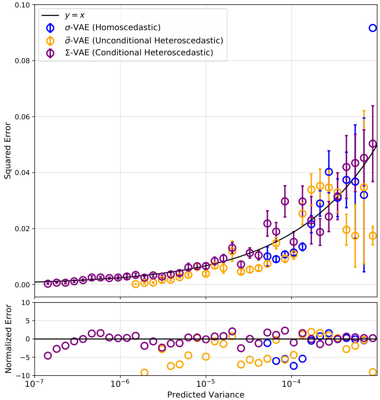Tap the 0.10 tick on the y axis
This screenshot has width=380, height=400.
click(23, 5)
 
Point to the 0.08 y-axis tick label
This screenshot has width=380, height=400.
click(23, 61)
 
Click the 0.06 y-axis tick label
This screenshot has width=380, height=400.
click(23, 117)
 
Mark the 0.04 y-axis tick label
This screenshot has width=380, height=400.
click(23, 173)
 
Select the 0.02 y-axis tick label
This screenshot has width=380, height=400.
click(23, 229)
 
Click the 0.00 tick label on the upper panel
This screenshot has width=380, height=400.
click(23, 285)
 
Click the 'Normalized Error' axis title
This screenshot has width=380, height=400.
click(8, 338)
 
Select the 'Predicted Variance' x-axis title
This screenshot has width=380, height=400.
click(205, 395)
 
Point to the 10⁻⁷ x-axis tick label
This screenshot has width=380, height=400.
click(35, 383)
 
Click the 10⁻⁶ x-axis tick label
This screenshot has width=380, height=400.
click(120, 383)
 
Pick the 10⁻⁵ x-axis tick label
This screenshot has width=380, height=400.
click(205, 383)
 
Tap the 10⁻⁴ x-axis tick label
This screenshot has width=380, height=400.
click(291, 383)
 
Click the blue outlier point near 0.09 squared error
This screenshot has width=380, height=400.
click(373, 28)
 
